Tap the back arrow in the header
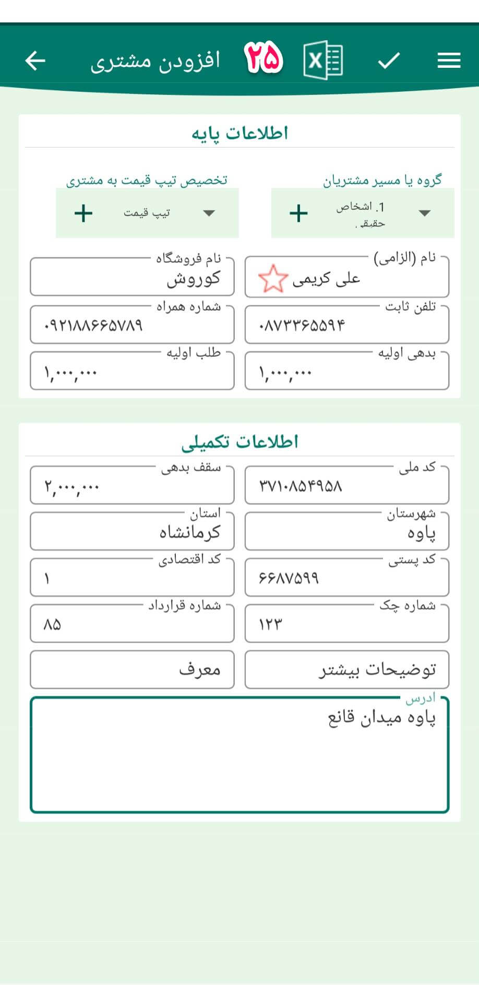tap(35, 61)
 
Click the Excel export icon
tap(322, 61)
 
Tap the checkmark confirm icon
tap(389, 61)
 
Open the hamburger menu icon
tap(449, 61)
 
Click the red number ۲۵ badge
tap(264, 58)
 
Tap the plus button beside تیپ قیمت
tap(83, 213)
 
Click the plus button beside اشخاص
tap(298, 213)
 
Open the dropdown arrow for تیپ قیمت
tap(209, 213)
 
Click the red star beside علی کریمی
tap(272, 279)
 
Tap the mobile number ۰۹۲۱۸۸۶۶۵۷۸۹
tap(94, 326)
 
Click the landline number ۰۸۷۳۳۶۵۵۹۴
tap(302, 326)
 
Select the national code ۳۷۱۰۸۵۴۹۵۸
tap(301, 486)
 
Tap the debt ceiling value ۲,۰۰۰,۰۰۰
tap(72, 487)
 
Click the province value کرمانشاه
tap(189, 533)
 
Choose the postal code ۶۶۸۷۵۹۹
tap(289, 578)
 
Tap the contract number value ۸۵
tap(52, 624)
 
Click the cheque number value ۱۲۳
tap(270, 624)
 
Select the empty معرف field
tap(132, 669)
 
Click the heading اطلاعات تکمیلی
tap(239, 442)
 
